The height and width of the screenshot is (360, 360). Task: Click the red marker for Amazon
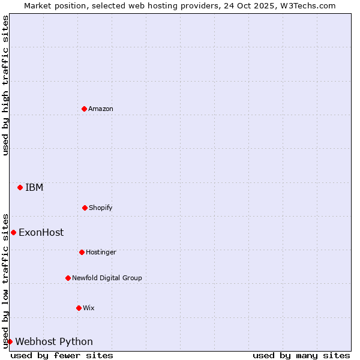click(84, 109)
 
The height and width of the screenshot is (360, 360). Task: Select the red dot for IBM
click(20, 187)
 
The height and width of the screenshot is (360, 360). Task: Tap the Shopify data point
click(85, 208)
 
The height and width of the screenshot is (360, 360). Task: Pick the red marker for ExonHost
click(13, 232)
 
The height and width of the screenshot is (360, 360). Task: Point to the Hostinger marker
click(82, 252)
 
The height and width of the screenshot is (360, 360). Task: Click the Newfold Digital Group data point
click(68, 278)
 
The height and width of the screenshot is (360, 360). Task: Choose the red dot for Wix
click(79, 308)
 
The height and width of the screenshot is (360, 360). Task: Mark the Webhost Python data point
click(10, 341)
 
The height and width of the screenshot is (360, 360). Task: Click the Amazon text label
click(101, 109)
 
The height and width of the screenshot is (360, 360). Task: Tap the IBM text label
click(34, 187)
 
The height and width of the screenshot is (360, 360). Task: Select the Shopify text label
click(101, 208)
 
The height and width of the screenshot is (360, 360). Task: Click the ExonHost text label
click(41, 232)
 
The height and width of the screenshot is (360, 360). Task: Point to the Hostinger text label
click(101, 252)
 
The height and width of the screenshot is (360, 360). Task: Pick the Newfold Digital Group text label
click(107, 278)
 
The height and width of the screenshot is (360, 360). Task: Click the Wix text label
click(89, 308)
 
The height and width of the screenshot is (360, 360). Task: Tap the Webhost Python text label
click(54, 341)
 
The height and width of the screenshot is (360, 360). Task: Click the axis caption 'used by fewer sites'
click(62, 355)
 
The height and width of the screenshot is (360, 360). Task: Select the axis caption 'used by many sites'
click(301, 355)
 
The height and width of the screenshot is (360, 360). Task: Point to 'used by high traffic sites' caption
click(5, 85)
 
